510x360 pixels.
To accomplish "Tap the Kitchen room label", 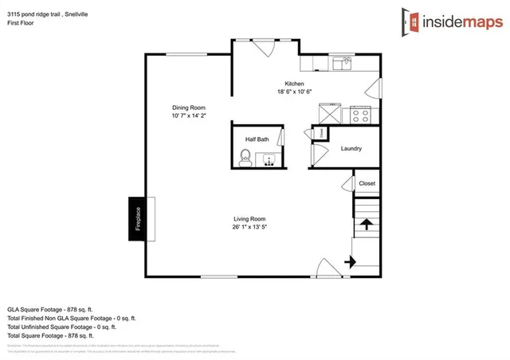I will click(295, 84).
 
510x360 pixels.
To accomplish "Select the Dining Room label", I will click(189, 108).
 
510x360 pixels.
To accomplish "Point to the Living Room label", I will click(249, 219).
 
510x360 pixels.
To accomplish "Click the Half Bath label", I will click(257, 139).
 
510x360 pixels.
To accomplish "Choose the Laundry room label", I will click(351, 148).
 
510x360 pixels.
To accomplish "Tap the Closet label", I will click(367, 183).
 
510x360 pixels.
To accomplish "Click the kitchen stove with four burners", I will click(359, 115).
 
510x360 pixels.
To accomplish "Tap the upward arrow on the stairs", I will click(367, 224).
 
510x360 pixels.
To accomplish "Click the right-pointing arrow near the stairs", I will click(349, 260).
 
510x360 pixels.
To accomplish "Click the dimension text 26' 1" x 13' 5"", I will click(249, 227).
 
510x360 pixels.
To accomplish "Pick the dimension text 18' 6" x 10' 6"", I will click(295, 92).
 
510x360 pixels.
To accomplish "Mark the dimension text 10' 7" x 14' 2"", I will click(189, 115).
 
